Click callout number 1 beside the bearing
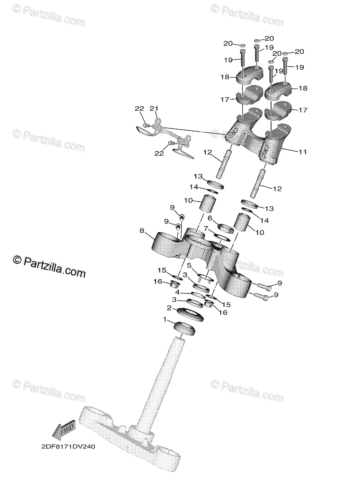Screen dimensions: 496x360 pyautogui.click(x=165, y=320)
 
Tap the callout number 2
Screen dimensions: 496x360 pyautogui.click(x=169, y=308)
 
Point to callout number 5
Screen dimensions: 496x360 pyautogui.click(x=189, y=265)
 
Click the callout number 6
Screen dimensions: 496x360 pyautogui.click(x=210, y=218)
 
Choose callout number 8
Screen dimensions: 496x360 pyautogui.click(x=143, y=231)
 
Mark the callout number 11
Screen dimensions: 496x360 pyautogui.click(x=303, y=152)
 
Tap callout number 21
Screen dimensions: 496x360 pyautogui.click(x=154, y=109)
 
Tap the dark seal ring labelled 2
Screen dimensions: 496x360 pyautogui.click(x=190, y=315)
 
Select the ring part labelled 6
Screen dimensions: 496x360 pyautogui.click(x=226, y=227)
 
